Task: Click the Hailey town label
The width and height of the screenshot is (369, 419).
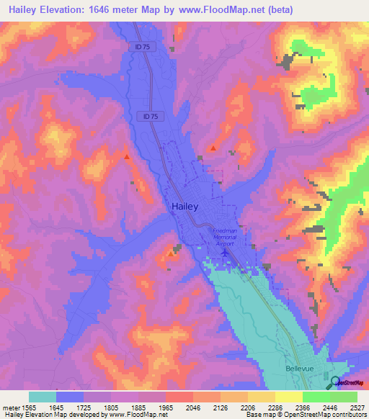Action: [x=185, y=206]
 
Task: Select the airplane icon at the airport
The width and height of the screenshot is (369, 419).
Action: [x=226, y=253]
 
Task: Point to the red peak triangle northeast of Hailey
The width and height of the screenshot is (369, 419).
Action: [x=213, y=148]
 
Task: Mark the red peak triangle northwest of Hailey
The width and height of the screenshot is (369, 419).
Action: [x=127, y=156]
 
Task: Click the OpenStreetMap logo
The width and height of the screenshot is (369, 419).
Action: [x=348, y=382]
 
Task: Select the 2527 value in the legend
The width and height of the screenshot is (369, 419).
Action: [x=357, y=407]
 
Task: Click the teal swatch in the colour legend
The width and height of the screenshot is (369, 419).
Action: [x=42, y=397]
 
